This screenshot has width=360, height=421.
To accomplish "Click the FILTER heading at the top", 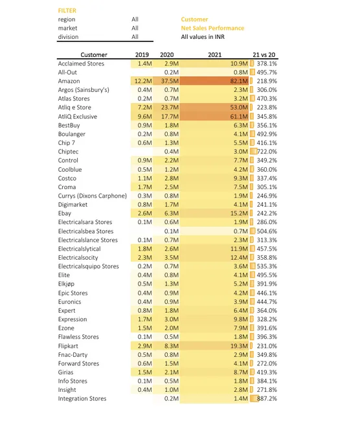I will point(66,11).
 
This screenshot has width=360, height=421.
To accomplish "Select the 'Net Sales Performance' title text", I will point(212,28).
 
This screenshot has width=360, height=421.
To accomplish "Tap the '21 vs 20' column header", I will point(265,54).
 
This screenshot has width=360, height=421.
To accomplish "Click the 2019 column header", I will point(142,54).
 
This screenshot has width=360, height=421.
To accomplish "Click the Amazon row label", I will point(69,80).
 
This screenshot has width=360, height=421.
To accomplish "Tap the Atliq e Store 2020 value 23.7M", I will point(170,107).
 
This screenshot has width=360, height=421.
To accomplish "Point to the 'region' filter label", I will point(67,19).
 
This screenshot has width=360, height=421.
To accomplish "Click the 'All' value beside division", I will point(135,37).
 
